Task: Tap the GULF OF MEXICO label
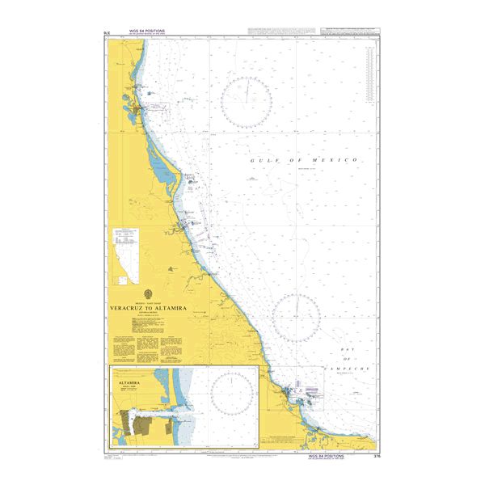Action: (x=303, y=161)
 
